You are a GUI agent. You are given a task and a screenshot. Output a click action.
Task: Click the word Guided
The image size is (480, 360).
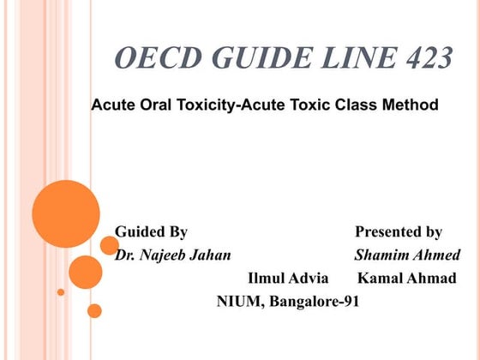(137, 231)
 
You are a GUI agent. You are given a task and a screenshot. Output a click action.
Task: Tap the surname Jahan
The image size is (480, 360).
(212, 255)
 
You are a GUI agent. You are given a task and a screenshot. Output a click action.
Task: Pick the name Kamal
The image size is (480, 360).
(381, 279)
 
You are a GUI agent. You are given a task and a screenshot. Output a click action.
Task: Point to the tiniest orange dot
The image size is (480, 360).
(61, 292)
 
